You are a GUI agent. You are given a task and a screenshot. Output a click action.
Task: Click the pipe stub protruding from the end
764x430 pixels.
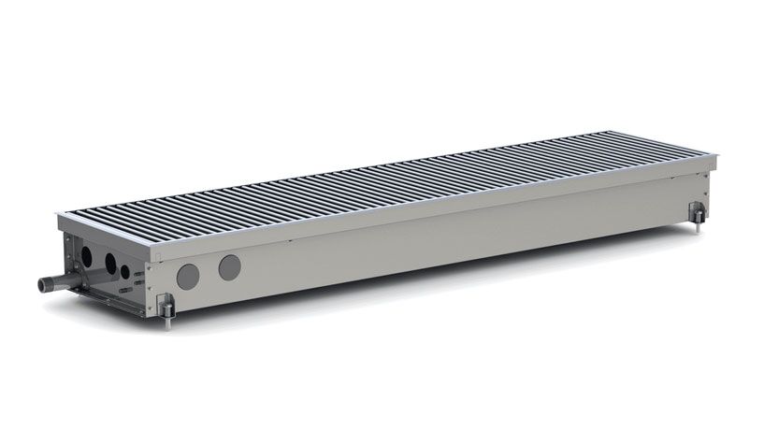coord(53,280)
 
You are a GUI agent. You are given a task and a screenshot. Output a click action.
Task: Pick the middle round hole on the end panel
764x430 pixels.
coord(109,263)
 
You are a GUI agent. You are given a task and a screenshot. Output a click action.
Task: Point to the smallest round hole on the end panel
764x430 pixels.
coord(125,270)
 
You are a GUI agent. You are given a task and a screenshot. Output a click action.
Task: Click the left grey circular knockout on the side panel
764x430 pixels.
coord(189,275)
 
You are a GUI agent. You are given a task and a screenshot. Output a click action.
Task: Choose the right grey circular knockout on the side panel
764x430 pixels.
coord(229,267)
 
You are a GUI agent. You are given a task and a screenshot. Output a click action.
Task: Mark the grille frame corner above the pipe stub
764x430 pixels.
coord(58,218)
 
